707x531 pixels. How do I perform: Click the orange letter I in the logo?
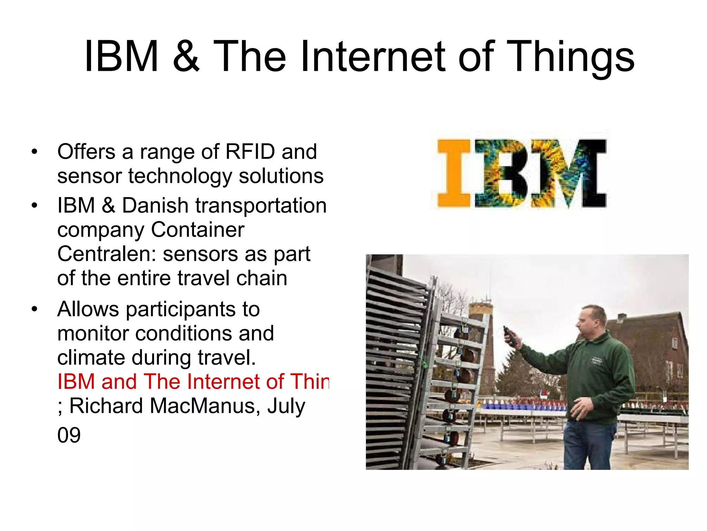pos(454,173)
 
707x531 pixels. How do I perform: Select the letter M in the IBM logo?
pos(570,173)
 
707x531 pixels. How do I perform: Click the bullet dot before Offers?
pos(34,152)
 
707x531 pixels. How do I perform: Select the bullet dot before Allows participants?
pos(34,309)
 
